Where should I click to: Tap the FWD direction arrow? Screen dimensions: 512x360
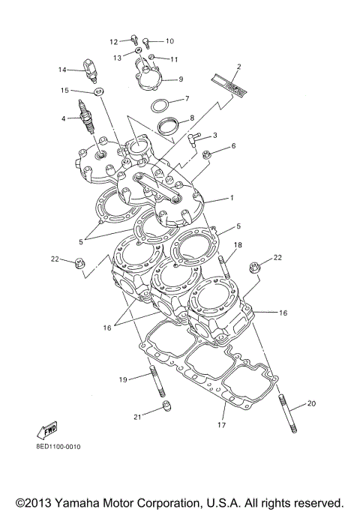(x=46, y=431)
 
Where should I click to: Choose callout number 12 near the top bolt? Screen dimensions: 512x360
(x=114, y=41)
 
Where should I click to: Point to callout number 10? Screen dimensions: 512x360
(x=169, y=41)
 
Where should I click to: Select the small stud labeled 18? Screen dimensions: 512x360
(x=222, y=266)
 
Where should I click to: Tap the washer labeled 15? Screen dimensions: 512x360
(x=96, y=94)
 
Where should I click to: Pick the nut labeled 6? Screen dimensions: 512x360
(x=205, y=154)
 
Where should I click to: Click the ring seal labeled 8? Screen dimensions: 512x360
(x=168, y=124)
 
